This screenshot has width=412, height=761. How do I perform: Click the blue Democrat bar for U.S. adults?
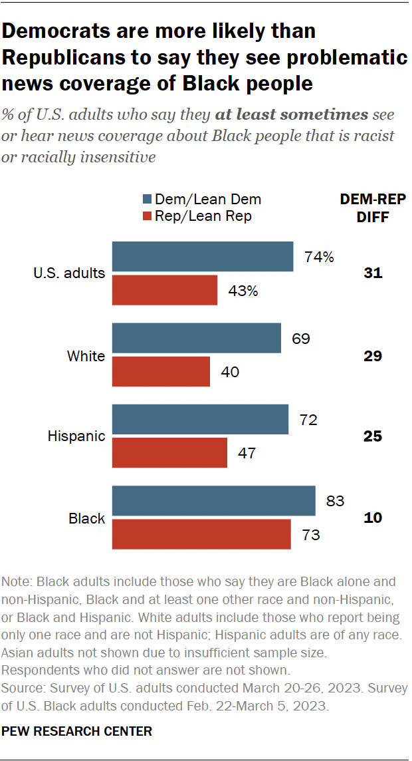point(203,257)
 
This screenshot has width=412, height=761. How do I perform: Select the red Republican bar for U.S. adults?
point(165,289)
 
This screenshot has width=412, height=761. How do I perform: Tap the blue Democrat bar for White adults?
point(197,339)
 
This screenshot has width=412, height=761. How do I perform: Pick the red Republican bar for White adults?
point(161,371)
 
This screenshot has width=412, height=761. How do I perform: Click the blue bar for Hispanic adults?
point(200,420)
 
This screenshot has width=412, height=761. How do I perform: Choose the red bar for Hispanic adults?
point(169,452)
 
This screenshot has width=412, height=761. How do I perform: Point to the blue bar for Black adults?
point(213,501)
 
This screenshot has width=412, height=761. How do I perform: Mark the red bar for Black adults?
point(201,533)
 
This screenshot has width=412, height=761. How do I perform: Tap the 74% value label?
point(319,257)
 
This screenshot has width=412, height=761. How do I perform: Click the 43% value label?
point(243,290)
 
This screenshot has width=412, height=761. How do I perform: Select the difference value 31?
point(373,273)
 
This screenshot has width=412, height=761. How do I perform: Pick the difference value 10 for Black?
point(373,517)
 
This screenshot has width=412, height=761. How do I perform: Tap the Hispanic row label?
point(76,436)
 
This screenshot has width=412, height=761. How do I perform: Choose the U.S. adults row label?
point(69,273)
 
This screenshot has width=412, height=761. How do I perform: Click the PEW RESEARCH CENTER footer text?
point(77,731)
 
